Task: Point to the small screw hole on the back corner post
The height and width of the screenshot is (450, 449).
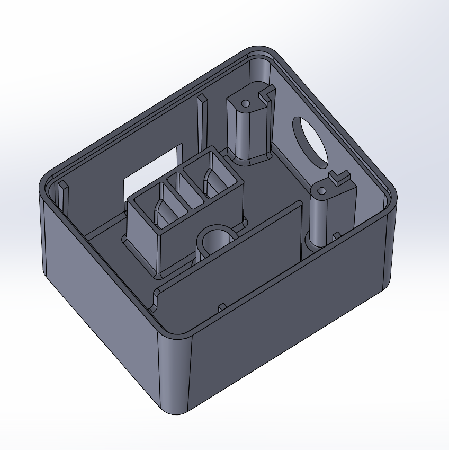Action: [x=245, y=103]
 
